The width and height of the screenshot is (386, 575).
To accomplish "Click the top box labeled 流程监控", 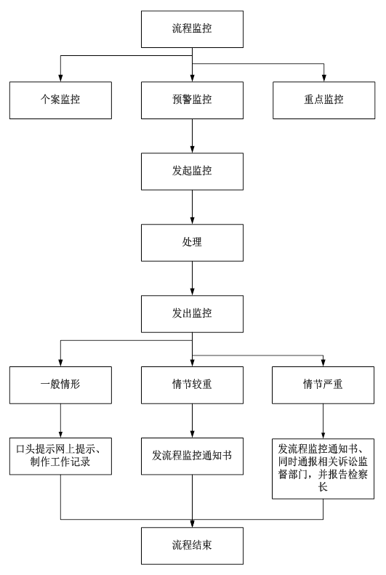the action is click(x=192, y=29).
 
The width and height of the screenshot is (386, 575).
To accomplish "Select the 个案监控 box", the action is click(x=60, y=100).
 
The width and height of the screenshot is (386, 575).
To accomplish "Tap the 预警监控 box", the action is click(x=192, y=100).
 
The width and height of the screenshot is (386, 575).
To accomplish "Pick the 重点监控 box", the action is click(x=323, y=100).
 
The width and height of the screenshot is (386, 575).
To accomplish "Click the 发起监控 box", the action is click(x=192, y=172).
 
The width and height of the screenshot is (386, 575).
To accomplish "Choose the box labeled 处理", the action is click(x=192, y=242).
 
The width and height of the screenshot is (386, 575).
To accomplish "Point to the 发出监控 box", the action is click(x=192, y=314).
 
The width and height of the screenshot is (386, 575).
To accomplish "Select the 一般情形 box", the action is click(x=60, y=385).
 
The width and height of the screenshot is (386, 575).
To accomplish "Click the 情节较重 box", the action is click(x=192, y=385).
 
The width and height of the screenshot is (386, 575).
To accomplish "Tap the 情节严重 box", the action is click(x=323, y=385).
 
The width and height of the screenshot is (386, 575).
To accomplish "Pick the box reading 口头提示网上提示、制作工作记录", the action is click(x=60, y=457).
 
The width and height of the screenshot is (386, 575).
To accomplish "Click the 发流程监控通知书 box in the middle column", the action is click(x=192, y=457).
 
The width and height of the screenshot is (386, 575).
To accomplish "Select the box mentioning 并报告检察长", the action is click(x=323, y=469).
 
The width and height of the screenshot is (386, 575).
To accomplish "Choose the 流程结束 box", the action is click(x=192, y=546).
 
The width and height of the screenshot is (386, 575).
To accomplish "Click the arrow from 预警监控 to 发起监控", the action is click(x=192, y=136).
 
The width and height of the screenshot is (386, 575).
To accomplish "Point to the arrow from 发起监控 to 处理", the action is click(x=192, y=207).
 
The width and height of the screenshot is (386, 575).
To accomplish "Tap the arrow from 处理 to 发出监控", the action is click(x=192, y=278).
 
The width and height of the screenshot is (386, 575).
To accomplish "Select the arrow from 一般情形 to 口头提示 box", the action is click(x=60, y=421).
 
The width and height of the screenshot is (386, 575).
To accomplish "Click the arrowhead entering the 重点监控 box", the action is click(x=323, y=78).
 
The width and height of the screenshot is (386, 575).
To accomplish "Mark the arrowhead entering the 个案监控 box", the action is click(x=60, y=78).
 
